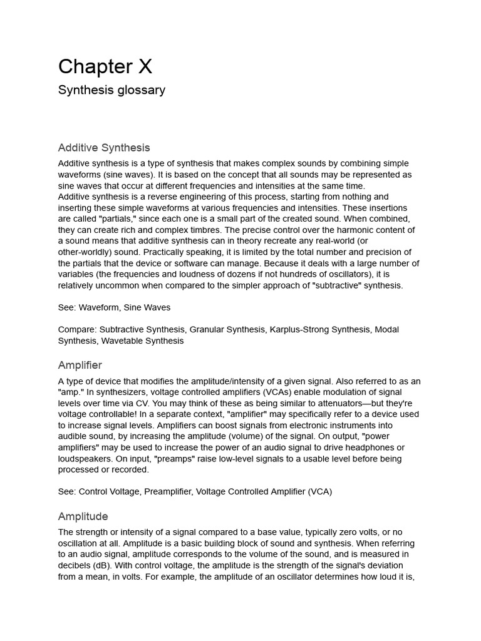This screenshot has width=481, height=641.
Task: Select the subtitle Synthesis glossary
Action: point(111,90)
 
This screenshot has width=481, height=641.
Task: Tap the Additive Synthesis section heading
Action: point(104,148)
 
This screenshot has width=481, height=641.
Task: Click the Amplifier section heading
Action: point(80,365)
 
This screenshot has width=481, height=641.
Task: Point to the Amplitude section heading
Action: point(83,516)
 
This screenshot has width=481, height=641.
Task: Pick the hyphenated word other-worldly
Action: point(87,252)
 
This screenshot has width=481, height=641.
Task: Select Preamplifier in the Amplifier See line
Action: point(167,491)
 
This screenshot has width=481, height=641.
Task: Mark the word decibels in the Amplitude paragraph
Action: point(77,565)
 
